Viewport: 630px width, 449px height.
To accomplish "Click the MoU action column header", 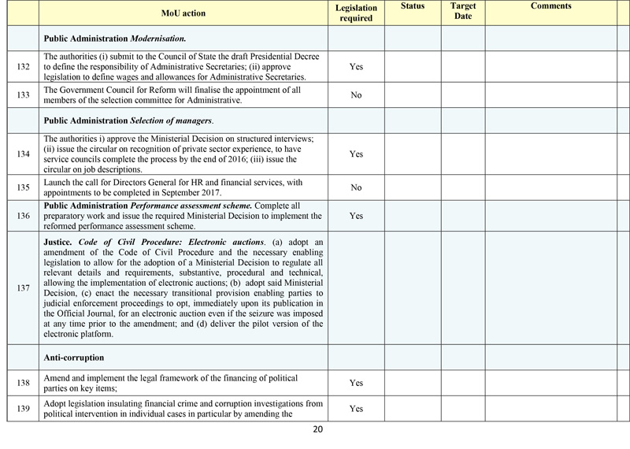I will (183, 13).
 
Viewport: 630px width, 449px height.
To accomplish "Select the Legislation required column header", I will (355, 13).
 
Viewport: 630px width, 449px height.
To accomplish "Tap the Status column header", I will (412, 6).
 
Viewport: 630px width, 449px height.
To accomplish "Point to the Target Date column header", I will (462, 11).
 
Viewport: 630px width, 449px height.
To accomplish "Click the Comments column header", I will (550, 6).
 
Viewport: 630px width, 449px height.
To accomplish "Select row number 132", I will (22, 66).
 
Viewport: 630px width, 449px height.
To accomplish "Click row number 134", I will (22, 154).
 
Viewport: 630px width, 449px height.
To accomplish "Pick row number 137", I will (22, 288).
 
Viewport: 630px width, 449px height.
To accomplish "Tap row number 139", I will (22, 409).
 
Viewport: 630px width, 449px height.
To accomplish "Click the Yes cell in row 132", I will (355, 66).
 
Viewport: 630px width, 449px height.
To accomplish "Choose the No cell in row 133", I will (355, 95).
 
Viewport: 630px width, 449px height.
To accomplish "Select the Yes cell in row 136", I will (355, 215).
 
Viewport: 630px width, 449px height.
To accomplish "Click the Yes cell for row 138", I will (355, 382).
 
